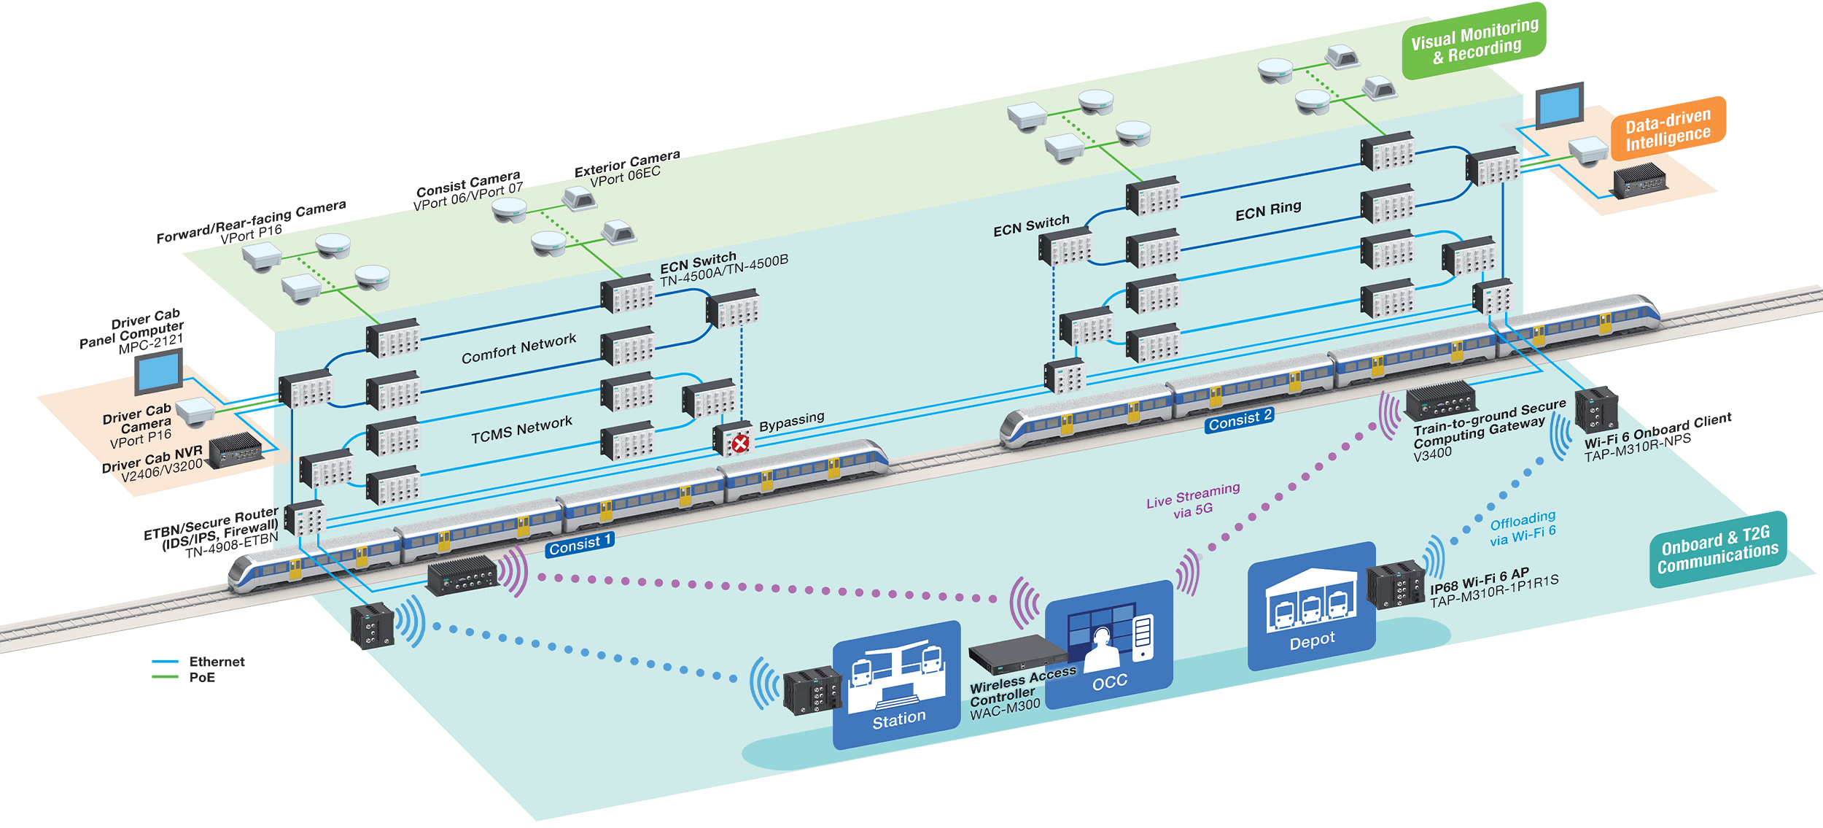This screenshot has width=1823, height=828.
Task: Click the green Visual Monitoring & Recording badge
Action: point(1474,41)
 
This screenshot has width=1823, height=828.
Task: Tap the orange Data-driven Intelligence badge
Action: point(1668,128)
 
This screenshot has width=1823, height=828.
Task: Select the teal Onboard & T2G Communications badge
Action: point(1717,549)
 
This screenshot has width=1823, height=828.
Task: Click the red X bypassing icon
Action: point(740,443)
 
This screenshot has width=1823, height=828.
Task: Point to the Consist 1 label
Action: point(580,544)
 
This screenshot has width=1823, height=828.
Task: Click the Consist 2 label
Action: point(1239,420)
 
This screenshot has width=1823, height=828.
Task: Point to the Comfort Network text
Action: point(518,348)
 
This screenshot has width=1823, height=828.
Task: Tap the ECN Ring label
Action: point(1268,211)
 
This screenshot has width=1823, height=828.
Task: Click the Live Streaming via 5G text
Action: point(1193,500)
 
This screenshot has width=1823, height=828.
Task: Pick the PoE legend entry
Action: point(201,677)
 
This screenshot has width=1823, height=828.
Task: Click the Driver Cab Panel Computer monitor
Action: point(159,371)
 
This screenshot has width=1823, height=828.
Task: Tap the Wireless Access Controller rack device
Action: point(1017,653)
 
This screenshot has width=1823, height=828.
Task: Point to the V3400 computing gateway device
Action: point(1440,401)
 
